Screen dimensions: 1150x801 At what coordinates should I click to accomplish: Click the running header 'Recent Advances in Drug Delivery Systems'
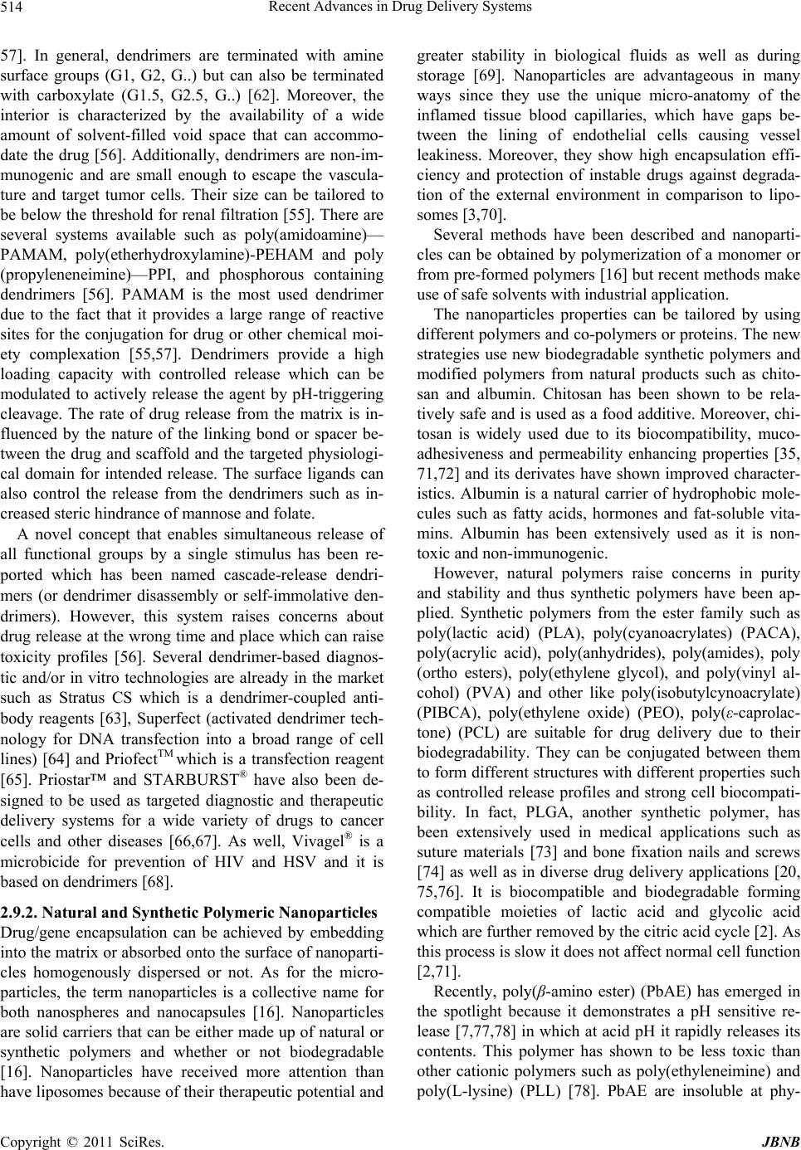(400, 9)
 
